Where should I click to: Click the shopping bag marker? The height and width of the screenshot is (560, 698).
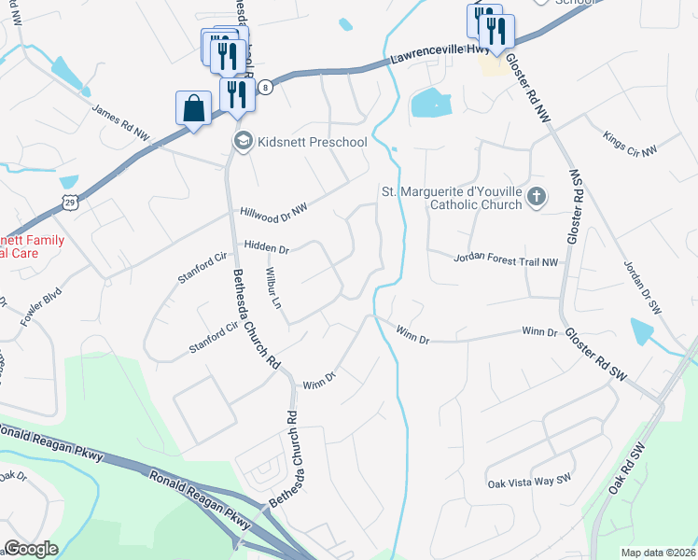193,108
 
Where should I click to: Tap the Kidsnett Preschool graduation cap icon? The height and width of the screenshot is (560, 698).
242,141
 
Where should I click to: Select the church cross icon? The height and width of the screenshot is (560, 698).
536,197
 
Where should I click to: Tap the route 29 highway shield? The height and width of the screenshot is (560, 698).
70,201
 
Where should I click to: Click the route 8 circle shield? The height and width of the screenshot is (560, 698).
266,87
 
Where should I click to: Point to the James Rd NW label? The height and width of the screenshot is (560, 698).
120,122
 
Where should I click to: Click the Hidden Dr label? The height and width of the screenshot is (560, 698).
267,249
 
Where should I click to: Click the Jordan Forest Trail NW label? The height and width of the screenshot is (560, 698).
505,262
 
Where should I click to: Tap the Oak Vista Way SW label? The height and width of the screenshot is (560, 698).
528,483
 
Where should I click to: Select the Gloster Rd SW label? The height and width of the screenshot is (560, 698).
595,358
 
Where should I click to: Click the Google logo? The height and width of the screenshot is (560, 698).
32,548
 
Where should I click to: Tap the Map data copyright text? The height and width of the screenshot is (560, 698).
659,552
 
